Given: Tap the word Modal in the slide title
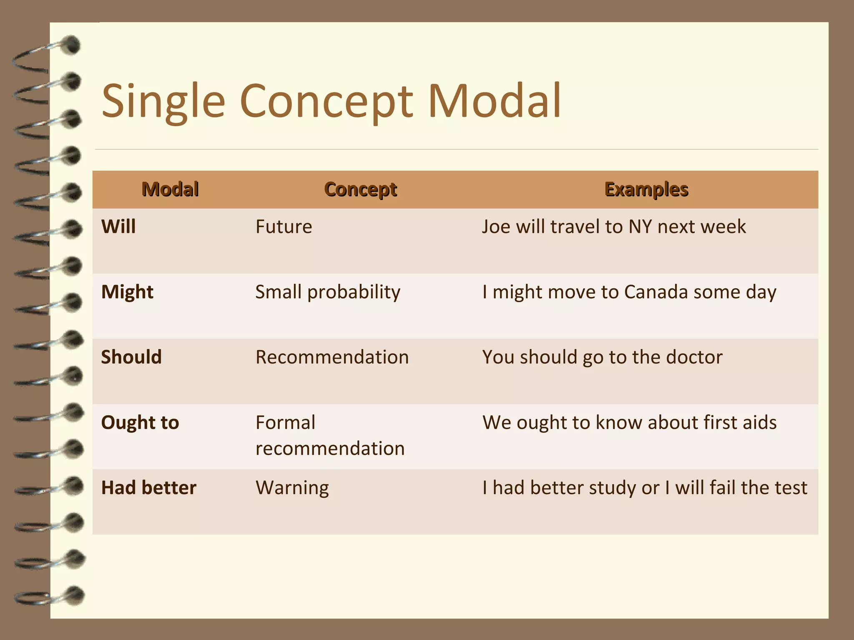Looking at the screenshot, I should point(495,100).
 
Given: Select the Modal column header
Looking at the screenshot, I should point(170,189).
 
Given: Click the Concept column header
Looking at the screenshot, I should point(361,189).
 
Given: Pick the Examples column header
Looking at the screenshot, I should point(646,189).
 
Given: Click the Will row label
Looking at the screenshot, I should point(118,227).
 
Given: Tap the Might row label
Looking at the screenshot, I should point(127,292).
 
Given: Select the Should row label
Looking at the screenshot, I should point(131,357).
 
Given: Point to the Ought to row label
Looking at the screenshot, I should point(140,422).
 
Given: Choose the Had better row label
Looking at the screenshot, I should point(148,487).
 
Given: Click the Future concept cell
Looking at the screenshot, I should point(284,227).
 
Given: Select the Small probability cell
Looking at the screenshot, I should point(328,292).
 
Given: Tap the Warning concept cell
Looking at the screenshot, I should point(292,487).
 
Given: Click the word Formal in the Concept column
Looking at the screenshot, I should point(285,422).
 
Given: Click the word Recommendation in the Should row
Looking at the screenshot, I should point(332,357).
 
